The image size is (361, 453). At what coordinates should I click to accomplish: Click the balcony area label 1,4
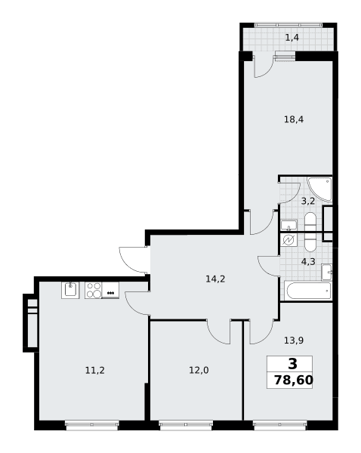292,38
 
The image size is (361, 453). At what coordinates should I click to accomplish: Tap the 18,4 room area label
294,119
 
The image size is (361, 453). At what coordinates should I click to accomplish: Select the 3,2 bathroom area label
308,201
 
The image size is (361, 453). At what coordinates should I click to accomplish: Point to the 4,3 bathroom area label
308,262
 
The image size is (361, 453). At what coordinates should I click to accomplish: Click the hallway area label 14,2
215,279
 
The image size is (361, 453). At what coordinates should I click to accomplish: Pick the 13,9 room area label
294,341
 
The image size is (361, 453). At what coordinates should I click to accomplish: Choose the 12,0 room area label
199,370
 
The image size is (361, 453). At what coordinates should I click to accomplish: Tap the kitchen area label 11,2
95,370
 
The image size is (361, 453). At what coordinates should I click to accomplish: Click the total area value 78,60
293,381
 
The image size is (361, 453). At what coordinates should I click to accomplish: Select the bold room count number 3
292,364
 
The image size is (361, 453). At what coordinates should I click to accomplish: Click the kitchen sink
70,290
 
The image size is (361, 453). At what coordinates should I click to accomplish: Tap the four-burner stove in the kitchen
94,290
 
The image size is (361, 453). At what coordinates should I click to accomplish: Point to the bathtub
308,291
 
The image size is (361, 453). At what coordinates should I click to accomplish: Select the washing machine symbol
288,240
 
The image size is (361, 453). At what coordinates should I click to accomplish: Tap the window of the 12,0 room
186,424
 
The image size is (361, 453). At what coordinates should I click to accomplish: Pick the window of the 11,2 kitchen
92,424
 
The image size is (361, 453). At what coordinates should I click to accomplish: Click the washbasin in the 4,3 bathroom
326,272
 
